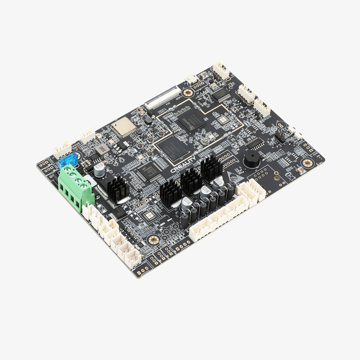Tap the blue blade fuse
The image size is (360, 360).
pyautogui.click(x=68, y=160)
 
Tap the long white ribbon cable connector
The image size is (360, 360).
pyautogui.click(x=162, y=97)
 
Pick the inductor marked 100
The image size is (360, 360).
pyautogui.click(x=103, y=148)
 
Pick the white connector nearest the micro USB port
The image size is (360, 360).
pyautogui.click(x=221, y=70)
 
